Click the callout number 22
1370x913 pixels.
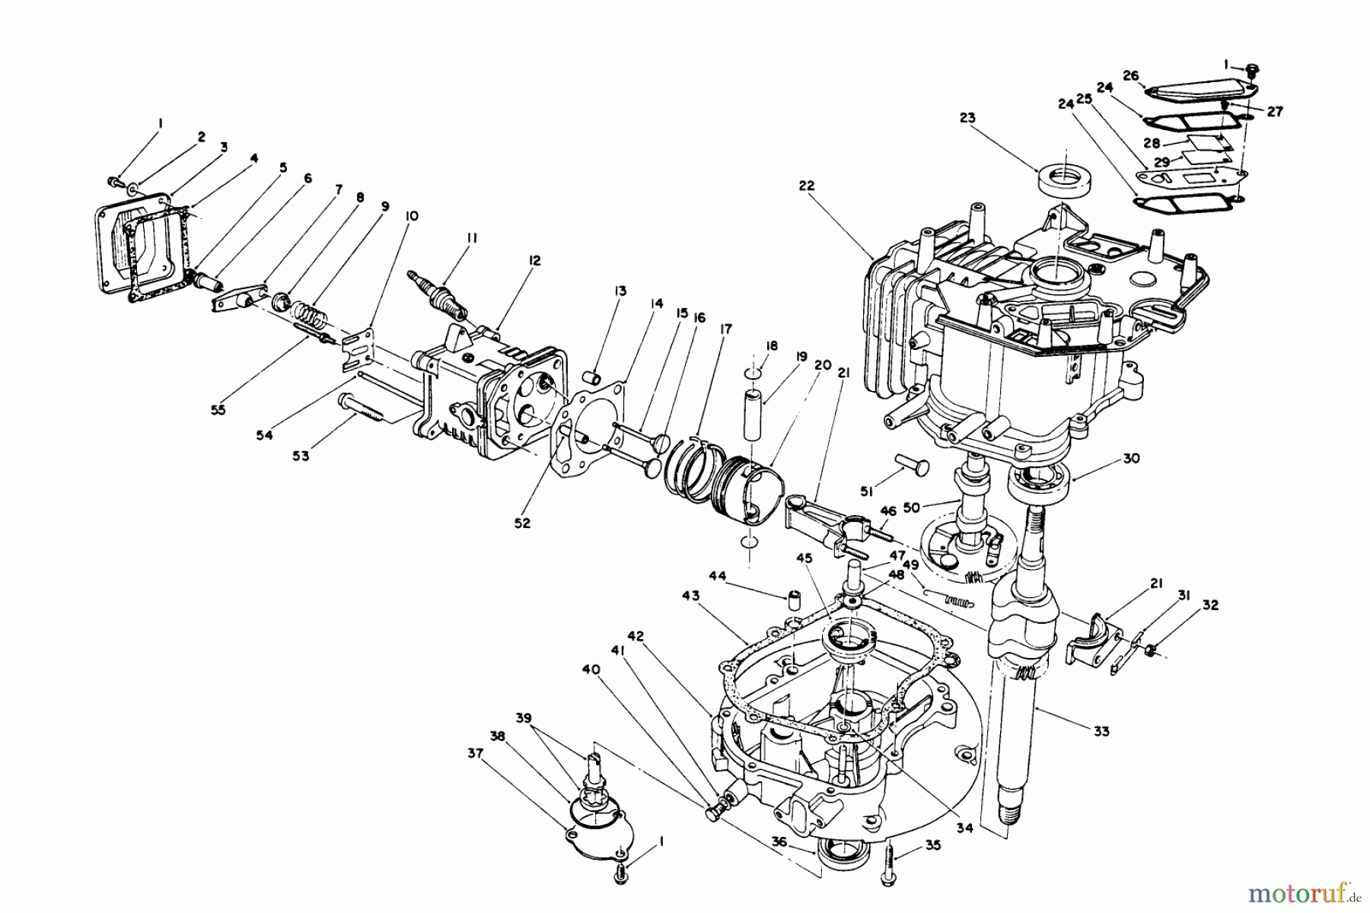point(807,186)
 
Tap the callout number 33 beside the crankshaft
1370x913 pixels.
point(1101,732)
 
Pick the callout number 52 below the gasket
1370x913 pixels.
point(522,523)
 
